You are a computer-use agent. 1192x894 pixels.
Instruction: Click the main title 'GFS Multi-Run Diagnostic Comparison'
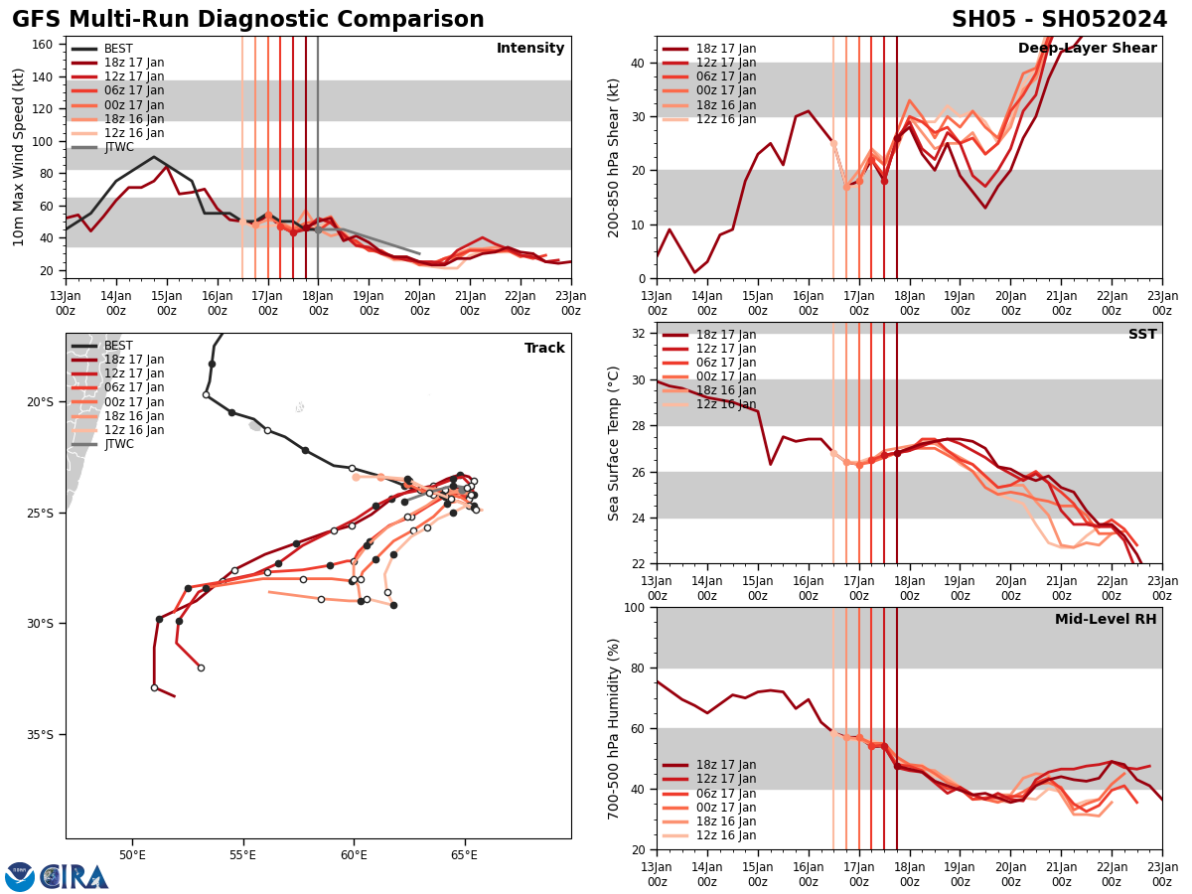248,20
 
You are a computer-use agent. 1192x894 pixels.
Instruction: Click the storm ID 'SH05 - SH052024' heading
1059,20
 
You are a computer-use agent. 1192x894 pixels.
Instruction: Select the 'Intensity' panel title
530,49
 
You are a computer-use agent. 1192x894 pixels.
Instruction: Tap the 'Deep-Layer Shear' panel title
1087,49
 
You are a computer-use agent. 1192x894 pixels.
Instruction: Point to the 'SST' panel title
1142,335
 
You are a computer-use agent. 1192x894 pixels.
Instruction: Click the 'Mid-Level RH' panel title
1106,620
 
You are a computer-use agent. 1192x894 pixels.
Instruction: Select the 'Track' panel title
544,349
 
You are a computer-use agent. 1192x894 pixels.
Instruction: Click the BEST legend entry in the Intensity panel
118,49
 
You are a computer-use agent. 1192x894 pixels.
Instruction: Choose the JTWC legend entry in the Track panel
118,444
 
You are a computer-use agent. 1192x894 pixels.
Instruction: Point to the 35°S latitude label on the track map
39,735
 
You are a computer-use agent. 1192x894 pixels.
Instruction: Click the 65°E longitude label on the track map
464,855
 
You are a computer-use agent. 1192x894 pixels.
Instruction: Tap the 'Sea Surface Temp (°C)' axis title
614,443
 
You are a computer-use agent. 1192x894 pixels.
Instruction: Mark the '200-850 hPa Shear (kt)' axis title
614,157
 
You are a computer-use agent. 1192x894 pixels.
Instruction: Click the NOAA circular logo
20,877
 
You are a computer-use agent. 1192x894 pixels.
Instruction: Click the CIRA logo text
74,877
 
